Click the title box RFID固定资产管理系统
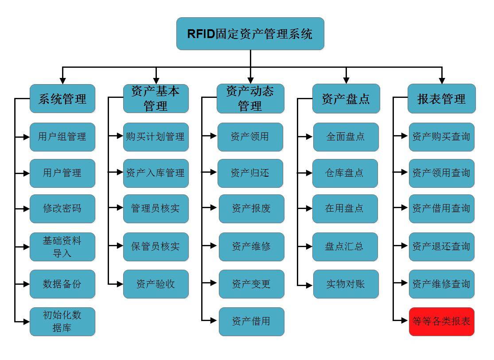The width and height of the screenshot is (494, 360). pyautogui.click(x=250, y=34)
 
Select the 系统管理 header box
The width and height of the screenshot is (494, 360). pyautogui.click(x=62, y=99)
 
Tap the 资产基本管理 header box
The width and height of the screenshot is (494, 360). pyautogui.click(x=156, y=99)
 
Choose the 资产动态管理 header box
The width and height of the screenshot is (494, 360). pyautogui.click(x=250, y=99)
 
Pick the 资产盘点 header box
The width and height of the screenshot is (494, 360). pyautogui.click(x=346, y=99)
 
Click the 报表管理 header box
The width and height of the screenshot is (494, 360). pyautogui.click(x=441, y=99)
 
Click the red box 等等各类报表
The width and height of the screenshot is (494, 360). pyautogui.click(x=441, y=321)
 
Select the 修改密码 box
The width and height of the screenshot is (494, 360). pyautogui.click(x=62, y=209)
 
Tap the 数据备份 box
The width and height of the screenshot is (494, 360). pyautogui.click(x=62, y=284)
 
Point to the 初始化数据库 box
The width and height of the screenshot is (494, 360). pyautogui.click(x=62, y=321)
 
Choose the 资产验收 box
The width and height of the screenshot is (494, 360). pyautogui.click(x=156, y=284)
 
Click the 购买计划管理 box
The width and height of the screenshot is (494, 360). pyautogui.click(x=156, y=137)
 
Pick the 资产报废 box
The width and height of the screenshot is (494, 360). pyautogui.click(x=251, y=209)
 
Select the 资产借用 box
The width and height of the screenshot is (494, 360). pyautogui.click(x=251, y=321)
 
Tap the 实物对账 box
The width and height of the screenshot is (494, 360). pyautogui.click(x=346, y=284)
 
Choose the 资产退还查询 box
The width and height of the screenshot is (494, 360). pyautogui.click(x=441, y=247)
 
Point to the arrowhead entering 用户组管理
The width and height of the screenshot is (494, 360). pyautogui.click(x=26, y=137)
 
